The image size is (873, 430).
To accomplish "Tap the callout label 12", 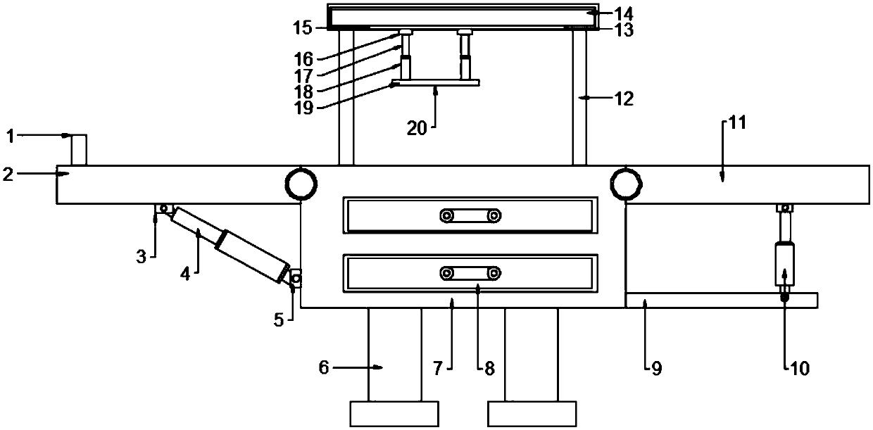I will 623,99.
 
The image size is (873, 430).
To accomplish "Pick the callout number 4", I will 185,273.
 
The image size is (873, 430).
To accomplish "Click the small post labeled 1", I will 79,149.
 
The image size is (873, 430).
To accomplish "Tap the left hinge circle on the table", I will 301,184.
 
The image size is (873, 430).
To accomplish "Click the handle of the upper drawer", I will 470,215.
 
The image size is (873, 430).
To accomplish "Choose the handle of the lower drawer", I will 470,272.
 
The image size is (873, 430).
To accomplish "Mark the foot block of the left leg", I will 394,414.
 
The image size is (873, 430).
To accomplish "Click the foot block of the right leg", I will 532,414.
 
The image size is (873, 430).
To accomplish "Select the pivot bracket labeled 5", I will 295,279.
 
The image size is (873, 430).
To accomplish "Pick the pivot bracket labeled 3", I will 163,208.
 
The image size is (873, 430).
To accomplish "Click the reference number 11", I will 736,123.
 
